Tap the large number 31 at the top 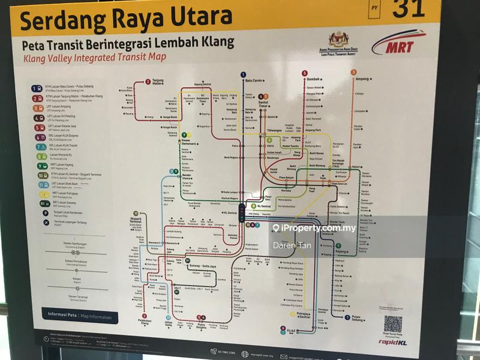tap(409, 8)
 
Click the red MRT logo tap(398, 43)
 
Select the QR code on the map tap(393, 324)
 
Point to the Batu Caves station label tap(254, 80)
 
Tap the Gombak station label tap(315, 79)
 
